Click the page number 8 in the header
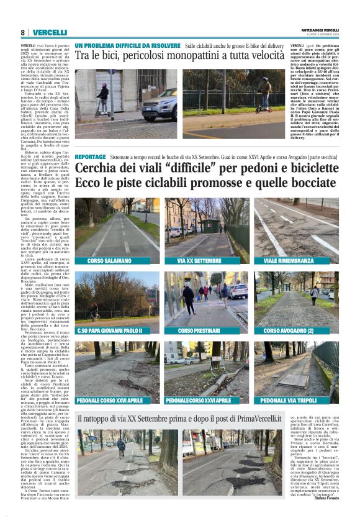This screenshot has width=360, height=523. [22, 32]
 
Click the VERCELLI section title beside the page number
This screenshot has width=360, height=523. [50, 32]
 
